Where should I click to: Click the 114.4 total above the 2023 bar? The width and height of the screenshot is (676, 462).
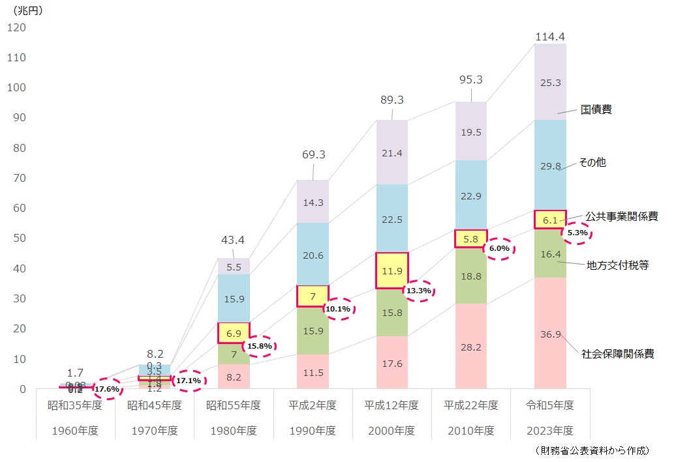(549, 36)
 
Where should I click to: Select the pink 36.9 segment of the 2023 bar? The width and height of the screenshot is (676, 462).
(550, 334)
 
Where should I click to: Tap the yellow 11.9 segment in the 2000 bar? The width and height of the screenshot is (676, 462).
(392, 270)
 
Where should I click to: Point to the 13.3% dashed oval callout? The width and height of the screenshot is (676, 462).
(418, 291)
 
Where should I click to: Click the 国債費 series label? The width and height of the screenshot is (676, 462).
(596, 109)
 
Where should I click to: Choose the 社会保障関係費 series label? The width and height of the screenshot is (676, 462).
(617, 354)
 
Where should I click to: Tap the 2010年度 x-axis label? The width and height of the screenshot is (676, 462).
(470, 431)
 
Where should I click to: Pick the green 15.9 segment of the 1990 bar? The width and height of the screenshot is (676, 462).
(313, 330)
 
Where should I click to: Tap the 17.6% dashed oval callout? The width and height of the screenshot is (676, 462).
(106, 390)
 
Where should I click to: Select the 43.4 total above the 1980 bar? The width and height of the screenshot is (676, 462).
(233, 240)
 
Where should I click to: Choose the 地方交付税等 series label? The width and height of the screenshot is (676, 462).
(617, 265)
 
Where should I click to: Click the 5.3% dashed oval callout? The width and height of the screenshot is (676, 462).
(577, 233)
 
